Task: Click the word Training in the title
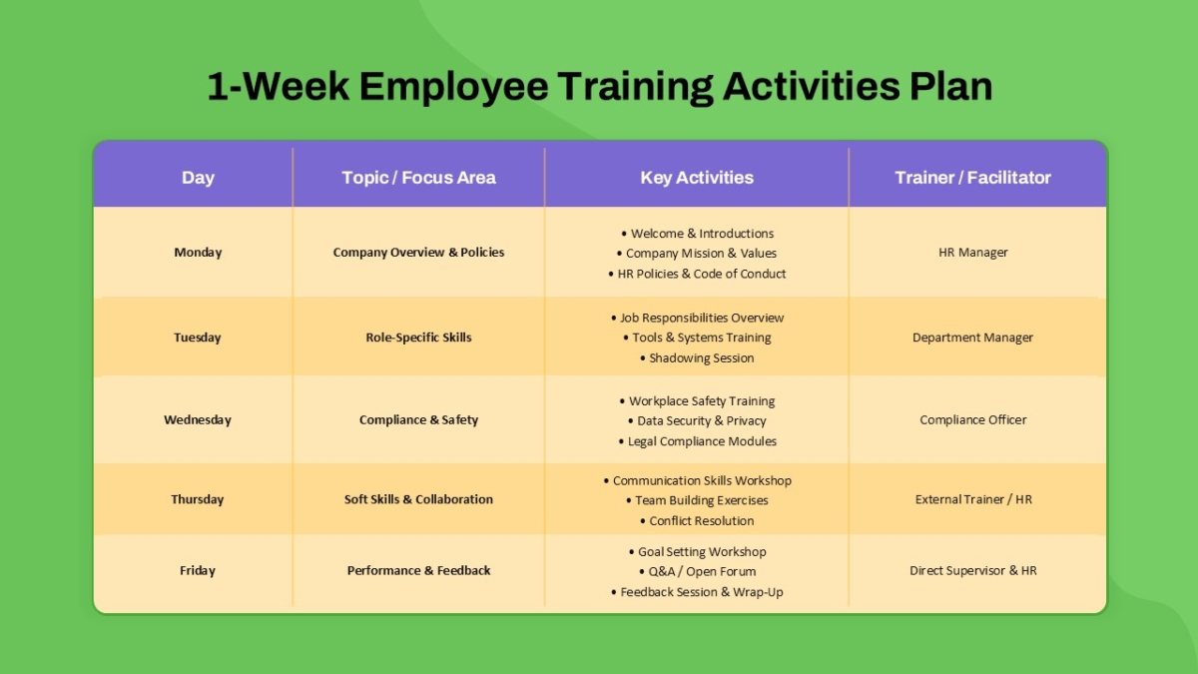pos(635,87)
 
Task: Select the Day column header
pos(198,178)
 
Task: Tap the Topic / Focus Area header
pos(418,178)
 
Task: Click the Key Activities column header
pos(697,178)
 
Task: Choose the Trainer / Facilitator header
pos(972,178)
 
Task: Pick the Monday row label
pos(198,253)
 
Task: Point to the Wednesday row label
pos(198,420)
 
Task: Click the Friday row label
pos(198,571)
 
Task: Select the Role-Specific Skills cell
pos(418,337)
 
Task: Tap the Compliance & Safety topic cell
pos(418,420)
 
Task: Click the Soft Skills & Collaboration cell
pos(418,499)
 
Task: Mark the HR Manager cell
pos(972,253)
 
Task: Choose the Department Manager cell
pos(972,337)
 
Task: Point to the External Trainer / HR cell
pos(973,499)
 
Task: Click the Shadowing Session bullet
pos(697,357)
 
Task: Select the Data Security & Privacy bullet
pos(697,421)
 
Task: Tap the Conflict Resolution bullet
pos(697,521)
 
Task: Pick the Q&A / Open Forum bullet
pos(698,572)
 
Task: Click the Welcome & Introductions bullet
pos(698,234)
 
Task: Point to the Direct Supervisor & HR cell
pos(972,571)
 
